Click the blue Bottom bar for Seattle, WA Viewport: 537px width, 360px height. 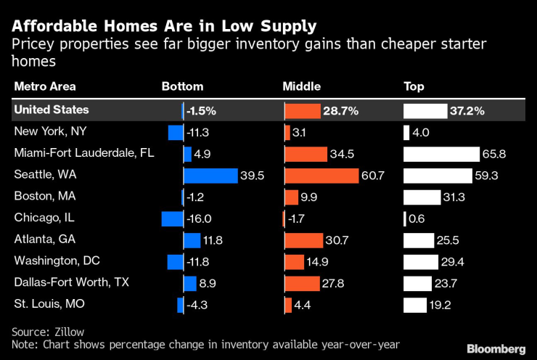210,176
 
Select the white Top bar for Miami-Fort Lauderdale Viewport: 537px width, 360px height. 441,154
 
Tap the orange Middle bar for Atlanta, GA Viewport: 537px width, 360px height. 303,240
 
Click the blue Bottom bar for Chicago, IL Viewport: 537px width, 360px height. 172,218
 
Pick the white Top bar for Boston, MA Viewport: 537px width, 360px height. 422,197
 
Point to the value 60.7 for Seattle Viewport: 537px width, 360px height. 374,176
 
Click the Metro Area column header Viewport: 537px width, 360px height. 44,87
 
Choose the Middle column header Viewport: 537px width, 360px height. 301,87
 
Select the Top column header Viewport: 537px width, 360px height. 414,87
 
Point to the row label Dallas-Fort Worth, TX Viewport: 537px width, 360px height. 65,283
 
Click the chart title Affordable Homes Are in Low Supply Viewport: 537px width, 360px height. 163,27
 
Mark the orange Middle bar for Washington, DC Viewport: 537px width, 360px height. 294,261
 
